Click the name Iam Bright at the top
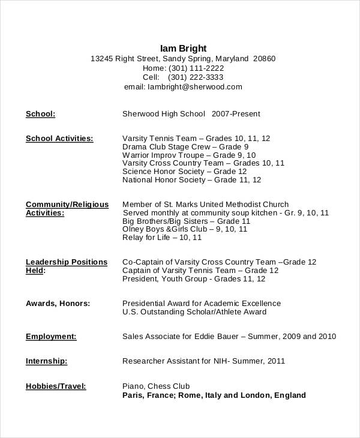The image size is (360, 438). pyautogui.click(x=183, y=48)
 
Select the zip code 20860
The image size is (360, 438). pyautogui.click(x=265, y=59)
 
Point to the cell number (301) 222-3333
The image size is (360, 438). pyautogui.click(x=196, y=77)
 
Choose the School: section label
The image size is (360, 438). pyautogui.click(x=41, y=113)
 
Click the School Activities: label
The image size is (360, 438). pyautogui.click(x=59, y=138)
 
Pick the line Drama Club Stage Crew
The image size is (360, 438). pyautogui.click(x=185, y=146)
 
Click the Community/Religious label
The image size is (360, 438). pyautogui.click(x=67, y=204)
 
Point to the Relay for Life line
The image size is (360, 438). pyautogui.click(x=162, y=237)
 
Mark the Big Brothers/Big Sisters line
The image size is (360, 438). pyautogui.click(x=186, y=221)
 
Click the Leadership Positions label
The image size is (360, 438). pyautogui.click(x=67, y=262)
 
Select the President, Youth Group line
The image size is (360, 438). pyautogui.click(x=194, y=278)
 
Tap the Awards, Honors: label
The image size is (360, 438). pyautogui.click(x=58, y=304)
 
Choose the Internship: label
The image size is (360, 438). pyautogui.click(x=47, y=361)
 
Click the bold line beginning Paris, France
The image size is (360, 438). pyautogui.click(x=214, y=395)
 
